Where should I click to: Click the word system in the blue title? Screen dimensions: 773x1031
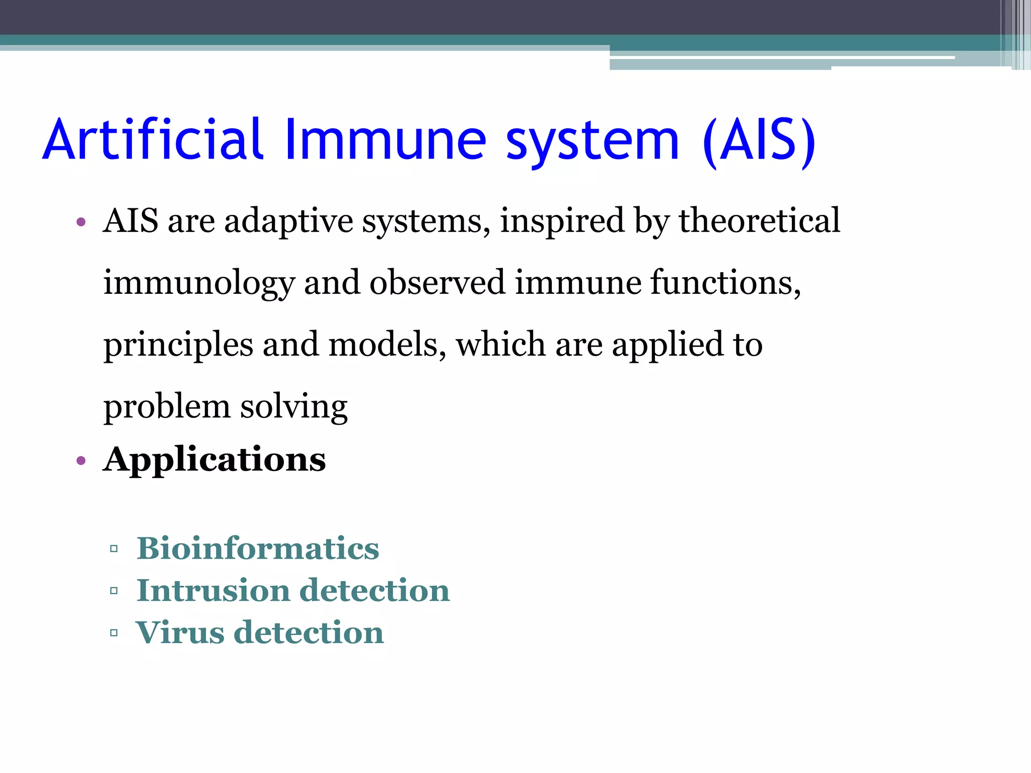tap(593, 142)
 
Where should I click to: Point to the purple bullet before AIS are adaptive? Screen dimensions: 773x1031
tap(81, 222)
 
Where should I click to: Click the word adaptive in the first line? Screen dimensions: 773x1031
tap(288, 221)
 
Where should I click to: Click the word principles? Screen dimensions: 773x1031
tap(178, 346)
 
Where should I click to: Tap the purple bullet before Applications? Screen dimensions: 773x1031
tap(81, 460)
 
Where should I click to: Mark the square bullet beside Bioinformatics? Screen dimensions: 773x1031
tap(114, 549)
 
